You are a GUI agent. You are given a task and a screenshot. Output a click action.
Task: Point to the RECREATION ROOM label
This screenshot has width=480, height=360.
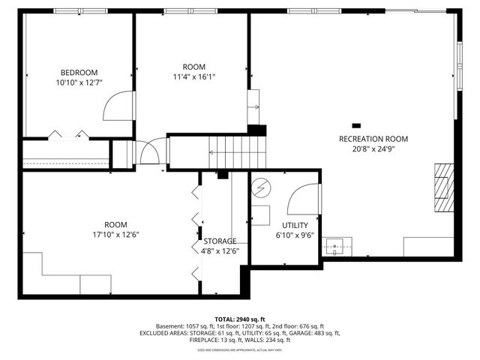(x=373, y=139)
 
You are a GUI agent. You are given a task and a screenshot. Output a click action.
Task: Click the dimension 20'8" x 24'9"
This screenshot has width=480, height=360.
(x=373, y=148)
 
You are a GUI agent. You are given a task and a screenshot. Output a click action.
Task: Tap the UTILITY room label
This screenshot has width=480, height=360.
(x=295, y=225)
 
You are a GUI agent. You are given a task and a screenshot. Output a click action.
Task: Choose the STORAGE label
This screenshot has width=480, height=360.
(x=220, y=241)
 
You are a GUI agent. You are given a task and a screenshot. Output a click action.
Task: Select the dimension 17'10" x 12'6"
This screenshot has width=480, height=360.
(x=115, y=234)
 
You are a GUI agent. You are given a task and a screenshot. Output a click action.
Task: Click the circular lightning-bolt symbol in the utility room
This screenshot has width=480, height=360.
(x=260, y=187)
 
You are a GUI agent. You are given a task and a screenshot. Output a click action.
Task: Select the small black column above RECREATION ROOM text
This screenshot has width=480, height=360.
(x=356, y=125)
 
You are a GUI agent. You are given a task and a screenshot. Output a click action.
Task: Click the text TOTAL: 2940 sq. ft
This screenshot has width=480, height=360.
(x=239, y=318)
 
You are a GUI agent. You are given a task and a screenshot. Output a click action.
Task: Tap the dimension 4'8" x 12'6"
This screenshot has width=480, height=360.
(x=220, y=250)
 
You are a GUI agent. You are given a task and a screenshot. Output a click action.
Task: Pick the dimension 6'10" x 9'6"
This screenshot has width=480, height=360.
(x=295, y=235)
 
